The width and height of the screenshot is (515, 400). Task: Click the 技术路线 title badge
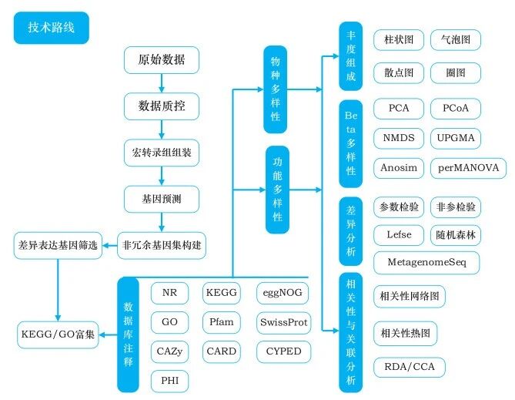pos(51,27)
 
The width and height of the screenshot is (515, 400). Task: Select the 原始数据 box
pos(162,60)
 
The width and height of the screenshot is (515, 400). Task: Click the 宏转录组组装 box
pos(162,153)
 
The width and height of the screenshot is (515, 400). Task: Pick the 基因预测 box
pos(162,199)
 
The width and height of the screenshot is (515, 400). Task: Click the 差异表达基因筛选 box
pos(58,246)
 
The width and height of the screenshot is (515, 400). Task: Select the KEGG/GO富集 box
pos(58,335)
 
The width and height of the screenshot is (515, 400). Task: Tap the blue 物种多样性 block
pos(276,89)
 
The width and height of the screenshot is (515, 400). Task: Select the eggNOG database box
pos(283,293)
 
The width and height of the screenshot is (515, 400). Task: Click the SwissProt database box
pos(284,322)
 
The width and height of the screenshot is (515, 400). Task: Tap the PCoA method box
pos(456,109)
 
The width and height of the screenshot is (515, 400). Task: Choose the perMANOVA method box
pos(468,167)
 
